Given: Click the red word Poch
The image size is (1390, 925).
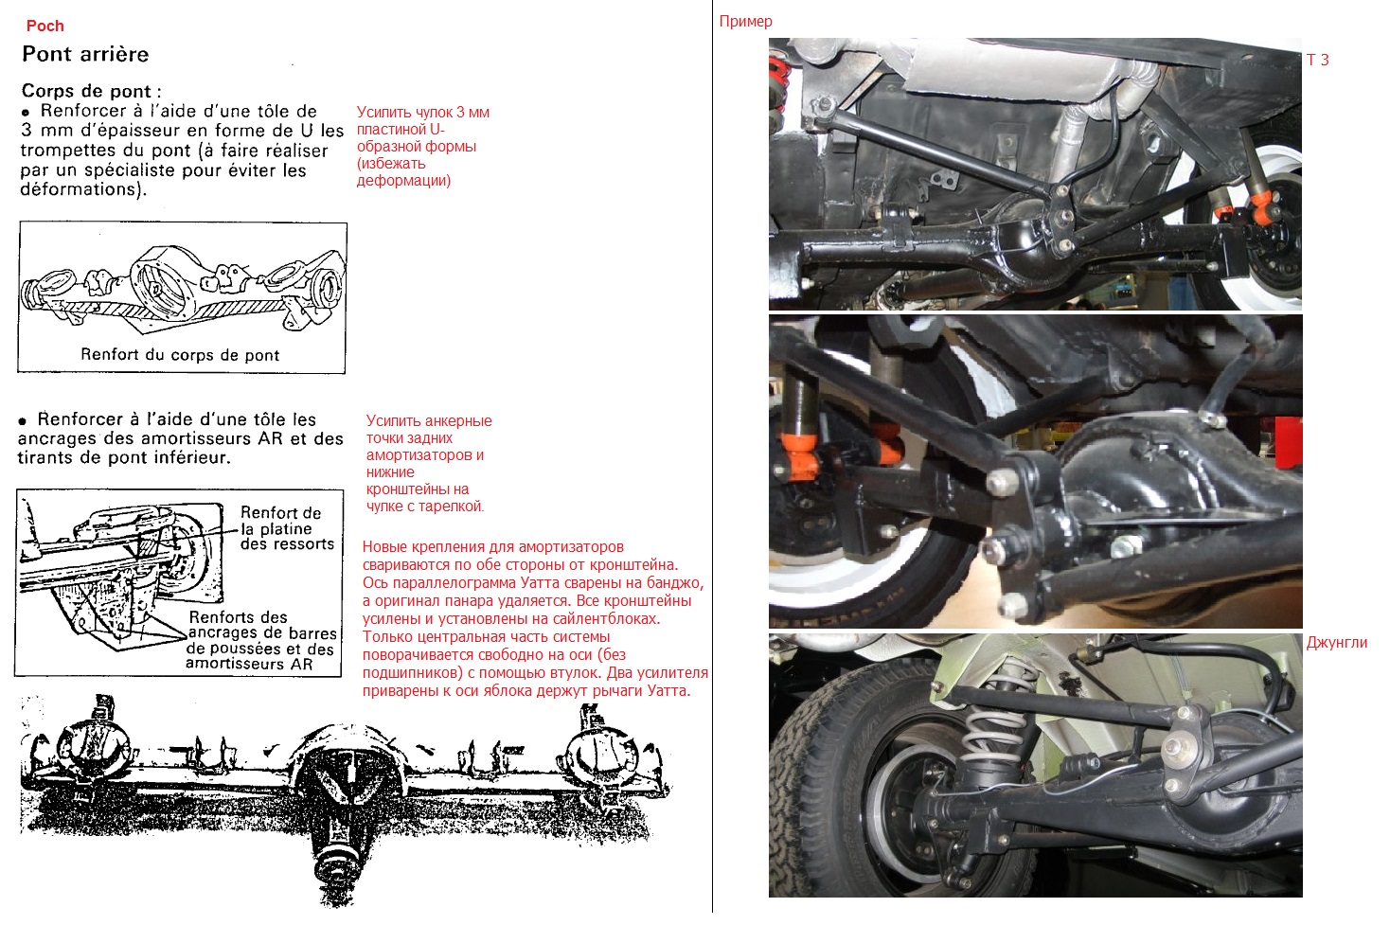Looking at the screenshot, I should [x=45, y=26].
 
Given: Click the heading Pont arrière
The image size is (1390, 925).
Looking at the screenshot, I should [x=85, y=55].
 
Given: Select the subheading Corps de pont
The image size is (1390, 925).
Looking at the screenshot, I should [x=91, y=92].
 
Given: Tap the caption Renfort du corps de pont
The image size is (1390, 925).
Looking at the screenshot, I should [x=180, y=355].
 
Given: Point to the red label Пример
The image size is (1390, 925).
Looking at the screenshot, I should [x=746, y=21].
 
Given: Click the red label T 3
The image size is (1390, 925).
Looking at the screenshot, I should [x=1318, y=60].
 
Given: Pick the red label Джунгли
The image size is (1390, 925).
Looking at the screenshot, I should [x=1337, y=643].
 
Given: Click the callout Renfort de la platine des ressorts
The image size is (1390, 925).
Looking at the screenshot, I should [x=287, y=528].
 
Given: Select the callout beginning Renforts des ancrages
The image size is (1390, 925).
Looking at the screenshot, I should [x=261, y=641].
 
